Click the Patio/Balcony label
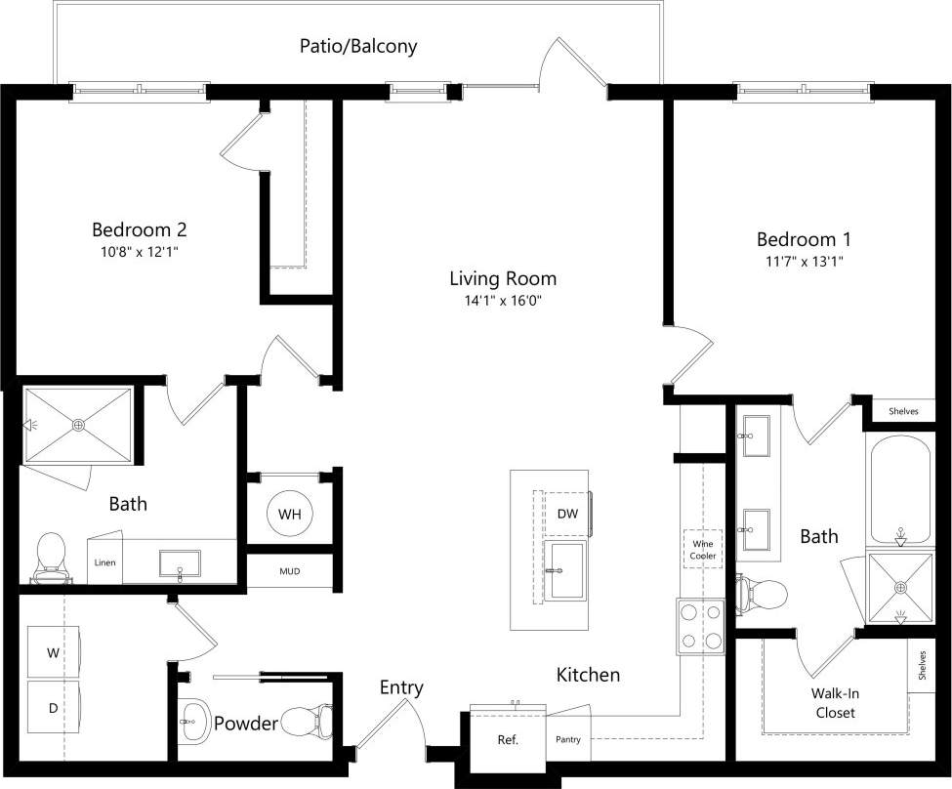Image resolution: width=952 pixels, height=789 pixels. point(358,46)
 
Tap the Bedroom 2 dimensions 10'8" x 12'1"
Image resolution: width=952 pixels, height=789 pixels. point(139,252)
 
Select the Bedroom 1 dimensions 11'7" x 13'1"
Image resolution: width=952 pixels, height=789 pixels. point(804,262)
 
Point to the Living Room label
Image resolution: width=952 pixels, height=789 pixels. point(503,278)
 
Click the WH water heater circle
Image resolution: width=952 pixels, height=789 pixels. point(289,514)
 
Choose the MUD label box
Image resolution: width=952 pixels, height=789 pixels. point(289,571)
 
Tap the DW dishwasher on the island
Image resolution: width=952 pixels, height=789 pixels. point(567,514)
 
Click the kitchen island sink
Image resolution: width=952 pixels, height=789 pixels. point(565,570)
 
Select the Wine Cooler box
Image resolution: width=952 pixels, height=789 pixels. point(703,549)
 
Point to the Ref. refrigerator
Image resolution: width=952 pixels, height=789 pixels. point(507,738)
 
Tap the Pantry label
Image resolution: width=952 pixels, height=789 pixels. point(568,739)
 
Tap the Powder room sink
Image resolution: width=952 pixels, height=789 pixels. point(195,724)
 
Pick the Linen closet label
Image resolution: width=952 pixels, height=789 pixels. point(104,562)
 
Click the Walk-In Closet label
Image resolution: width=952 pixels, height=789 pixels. point(834,703)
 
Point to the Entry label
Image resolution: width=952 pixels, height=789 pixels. point(401,687)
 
